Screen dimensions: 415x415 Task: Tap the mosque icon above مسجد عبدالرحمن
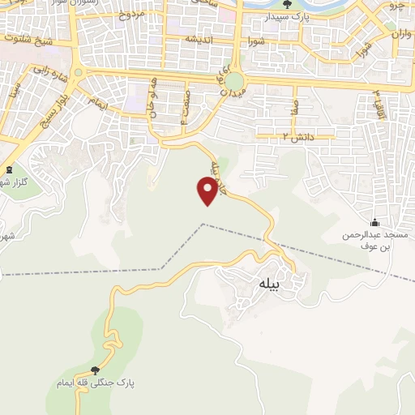[374, 222]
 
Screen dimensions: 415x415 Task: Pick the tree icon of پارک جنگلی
[96, 370]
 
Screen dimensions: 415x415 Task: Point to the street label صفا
[297, 106]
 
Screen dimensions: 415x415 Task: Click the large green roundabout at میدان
[235, 81]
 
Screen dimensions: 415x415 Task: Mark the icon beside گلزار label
[9, 169]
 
